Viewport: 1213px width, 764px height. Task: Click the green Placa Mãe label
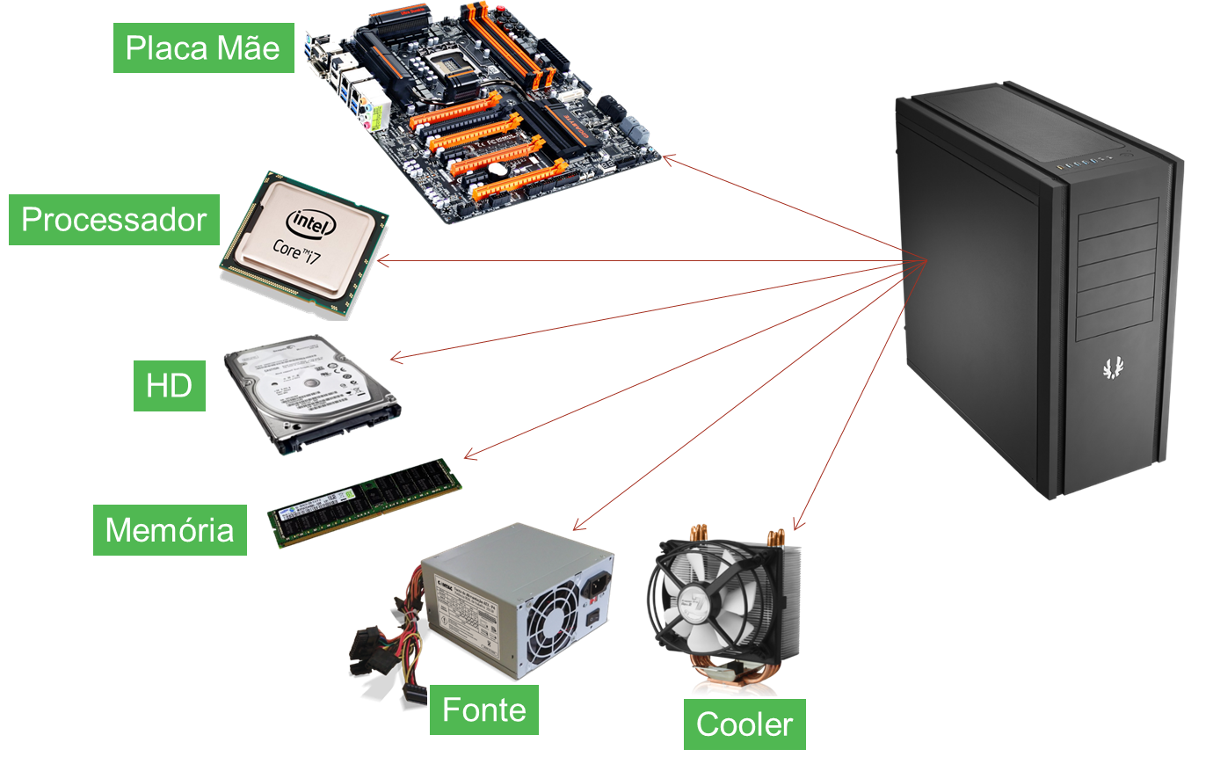coord(203,47)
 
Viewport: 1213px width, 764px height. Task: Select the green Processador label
coord(113,219)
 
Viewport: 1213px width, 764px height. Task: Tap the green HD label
coord(169,385)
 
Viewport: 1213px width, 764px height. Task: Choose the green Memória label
coord(170,529)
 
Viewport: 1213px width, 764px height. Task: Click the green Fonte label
coord(483,709)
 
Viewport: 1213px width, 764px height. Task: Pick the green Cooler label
coord(744,724)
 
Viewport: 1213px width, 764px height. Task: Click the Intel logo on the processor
coord(309,223)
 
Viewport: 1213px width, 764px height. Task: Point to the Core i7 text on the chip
coord(297,251)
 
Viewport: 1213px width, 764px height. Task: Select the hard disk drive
coord(311,391)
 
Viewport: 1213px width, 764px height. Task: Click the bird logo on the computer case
coord(1113,367)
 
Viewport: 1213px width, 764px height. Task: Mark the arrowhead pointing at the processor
coord(381,260)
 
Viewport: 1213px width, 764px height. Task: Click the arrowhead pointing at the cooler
coord(795,526)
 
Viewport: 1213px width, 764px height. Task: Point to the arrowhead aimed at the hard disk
coord(394,358)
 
